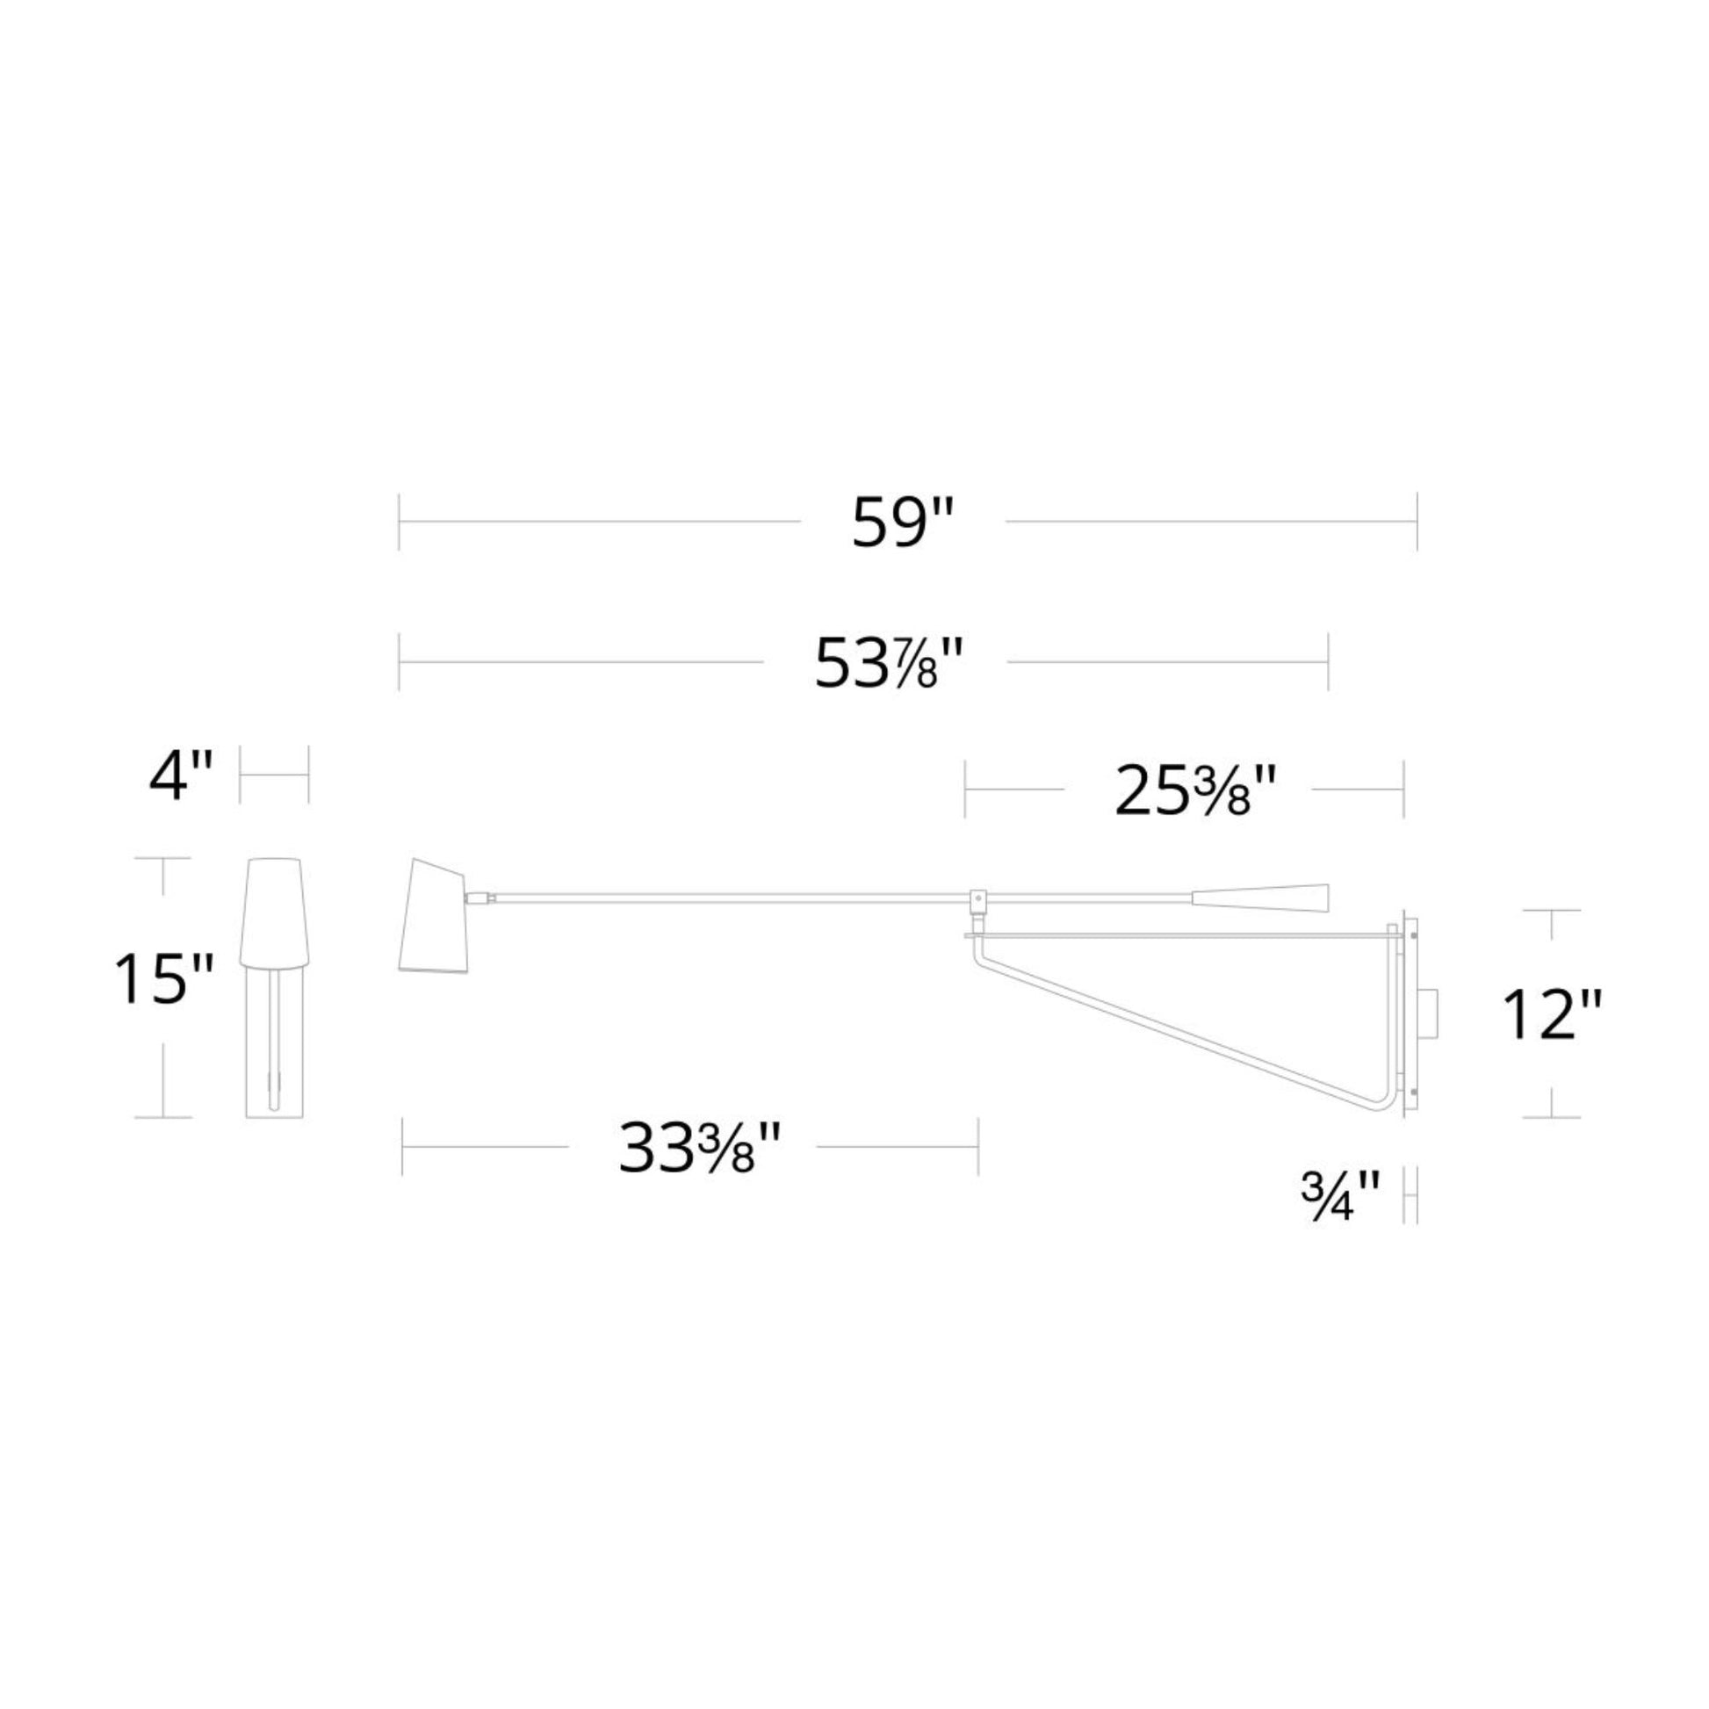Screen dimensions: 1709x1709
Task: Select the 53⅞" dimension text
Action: tap(886, 663)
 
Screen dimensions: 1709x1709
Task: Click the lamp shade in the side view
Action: tap(436, 913)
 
